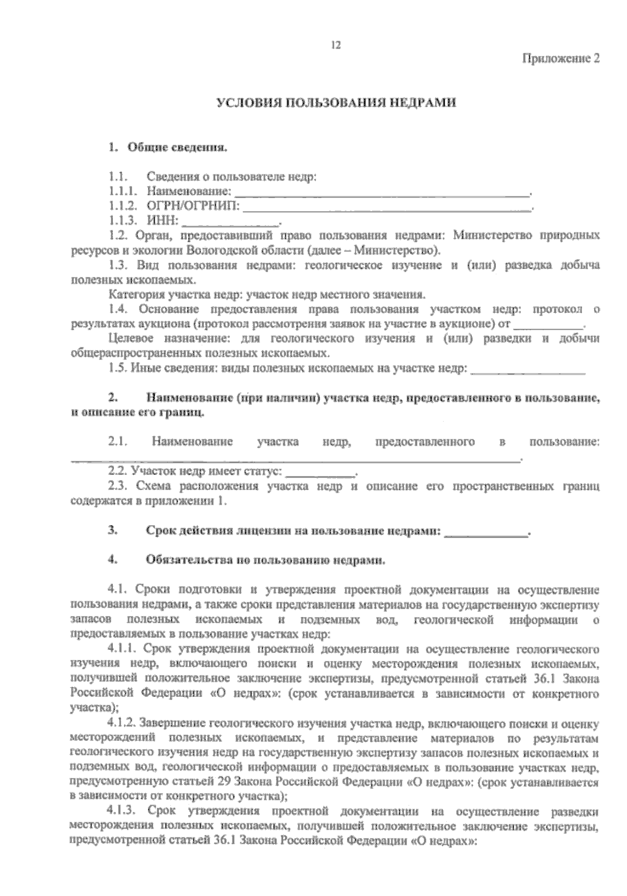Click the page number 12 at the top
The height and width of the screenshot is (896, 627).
pos(335,45)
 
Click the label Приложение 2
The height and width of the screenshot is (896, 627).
pos(561,59)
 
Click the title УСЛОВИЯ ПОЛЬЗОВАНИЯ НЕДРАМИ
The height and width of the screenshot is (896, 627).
pos(336,102)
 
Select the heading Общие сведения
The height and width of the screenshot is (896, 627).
pos(177,148)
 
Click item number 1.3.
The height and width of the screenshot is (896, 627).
pos(118,265)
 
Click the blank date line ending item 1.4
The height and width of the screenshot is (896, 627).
pos(548,324)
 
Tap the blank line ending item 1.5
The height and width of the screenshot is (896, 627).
pos(528,370)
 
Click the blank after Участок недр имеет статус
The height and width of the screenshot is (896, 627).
pos(320,472)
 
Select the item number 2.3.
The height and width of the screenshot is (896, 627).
pos(118,486)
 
